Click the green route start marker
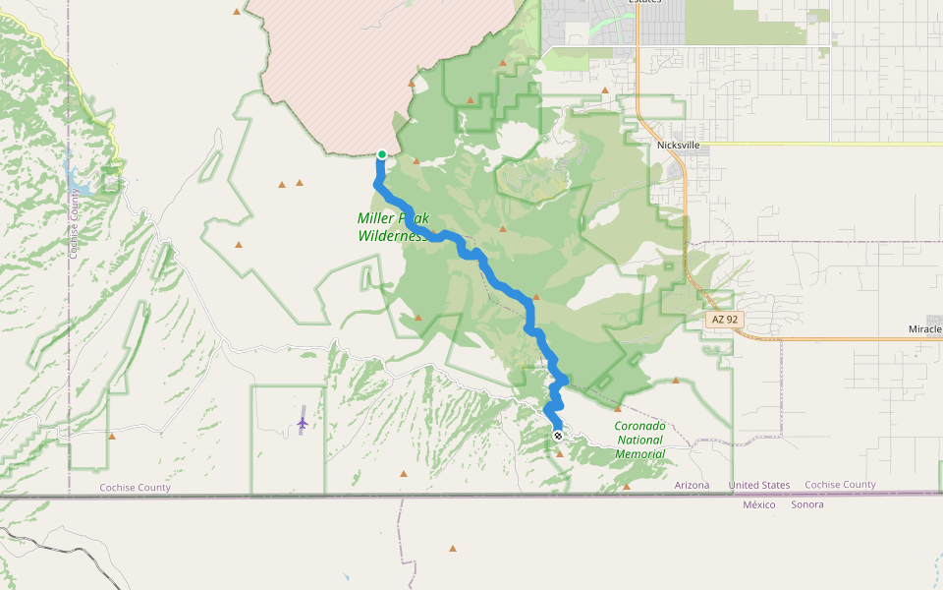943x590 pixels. pos(381,153)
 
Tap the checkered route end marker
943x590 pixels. pos(558,436)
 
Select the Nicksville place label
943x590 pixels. pos(678,145)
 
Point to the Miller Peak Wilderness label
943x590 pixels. pos(392,227)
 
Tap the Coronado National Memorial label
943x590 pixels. pos(639,440)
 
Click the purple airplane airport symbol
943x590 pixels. pos(302,423)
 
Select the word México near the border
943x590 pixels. pos(758,504)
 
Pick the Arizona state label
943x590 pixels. pos(692,486)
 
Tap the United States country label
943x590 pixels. pos(758,486)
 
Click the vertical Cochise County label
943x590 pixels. pos(74,224)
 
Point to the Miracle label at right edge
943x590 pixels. pos(925,328)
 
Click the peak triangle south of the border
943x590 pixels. pos(453,548)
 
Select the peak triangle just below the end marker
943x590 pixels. pos(560,453)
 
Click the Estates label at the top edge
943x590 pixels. pos(645,2)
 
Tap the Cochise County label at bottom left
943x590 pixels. pos(135,488)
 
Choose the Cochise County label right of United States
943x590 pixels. pos(840,485)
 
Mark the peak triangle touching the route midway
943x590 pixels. pos(536,296)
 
